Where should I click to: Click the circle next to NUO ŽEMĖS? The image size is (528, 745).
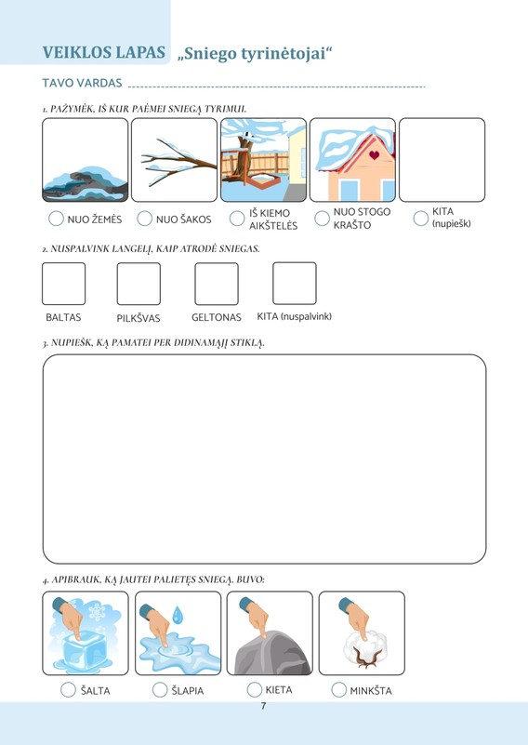[x=56, y=219]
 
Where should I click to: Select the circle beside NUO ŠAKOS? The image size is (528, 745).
[x=144, y=219]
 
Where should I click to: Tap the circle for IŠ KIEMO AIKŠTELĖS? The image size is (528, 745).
[x=237, y=219]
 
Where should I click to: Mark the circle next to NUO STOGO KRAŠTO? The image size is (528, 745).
[x=322, y=219]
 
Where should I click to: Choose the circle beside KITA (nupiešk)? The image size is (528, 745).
[x=421, y=219]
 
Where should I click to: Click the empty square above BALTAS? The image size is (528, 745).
[x=63, y=284]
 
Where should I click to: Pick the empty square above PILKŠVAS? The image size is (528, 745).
[x=139, y=284]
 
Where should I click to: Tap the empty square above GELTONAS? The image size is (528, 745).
[x=217, y=284]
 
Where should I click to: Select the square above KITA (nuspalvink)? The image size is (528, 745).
[x=295, y=283]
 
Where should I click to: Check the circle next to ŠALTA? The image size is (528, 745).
[x=69, y=690]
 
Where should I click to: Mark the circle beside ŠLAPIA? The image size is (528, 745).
[x=160, y=690]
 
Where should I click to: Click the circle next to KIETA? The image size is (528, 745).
[x=255, y=689]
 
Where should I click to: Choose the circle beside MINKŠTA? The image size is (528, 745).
[x=339, y=690]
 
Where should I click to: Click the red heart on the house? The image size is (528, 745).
[x=375, y=155]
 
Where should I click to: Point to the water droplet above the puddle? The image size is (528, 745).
[x=178, y=615]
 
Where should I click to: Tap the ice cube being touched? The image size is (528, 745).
[x=84, y=650]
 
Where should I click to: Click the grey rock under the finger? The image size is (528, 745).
[x=273, y=653]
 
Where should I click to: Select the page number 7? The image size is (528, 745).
[x=263, y=706]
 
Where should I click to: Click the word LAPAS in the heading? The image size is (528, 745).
[x=140, y=52]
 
